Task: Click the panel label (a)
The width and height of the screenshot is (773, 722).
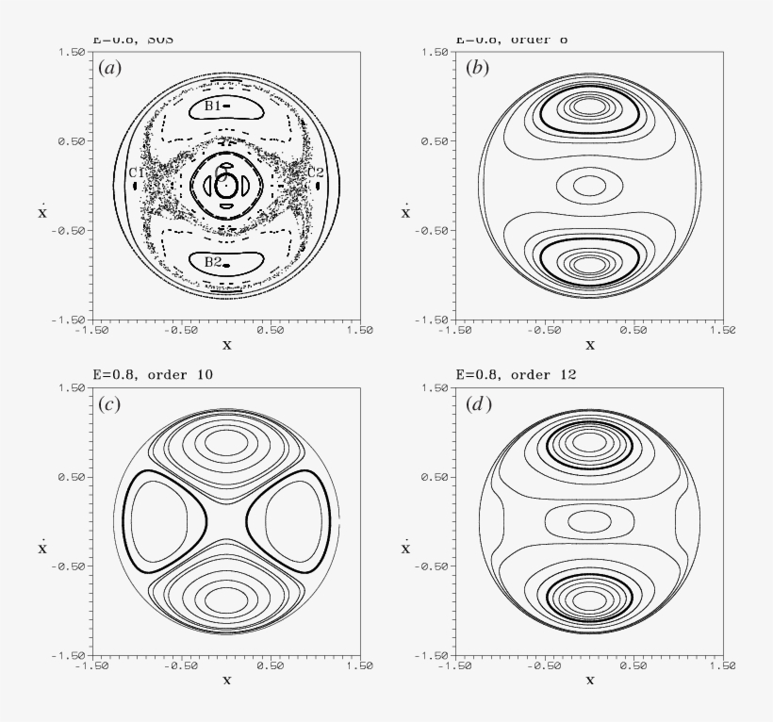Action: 111,69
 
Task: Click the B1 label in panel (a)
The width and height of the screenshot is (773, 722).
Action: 212,107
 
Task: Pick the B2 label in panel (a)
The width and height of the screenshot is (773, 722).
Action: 212,262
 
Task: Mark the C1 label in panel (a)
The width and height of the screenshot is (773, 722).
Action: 136,172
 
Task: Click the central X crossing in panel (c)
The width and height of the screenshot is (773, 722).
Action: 226,521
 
